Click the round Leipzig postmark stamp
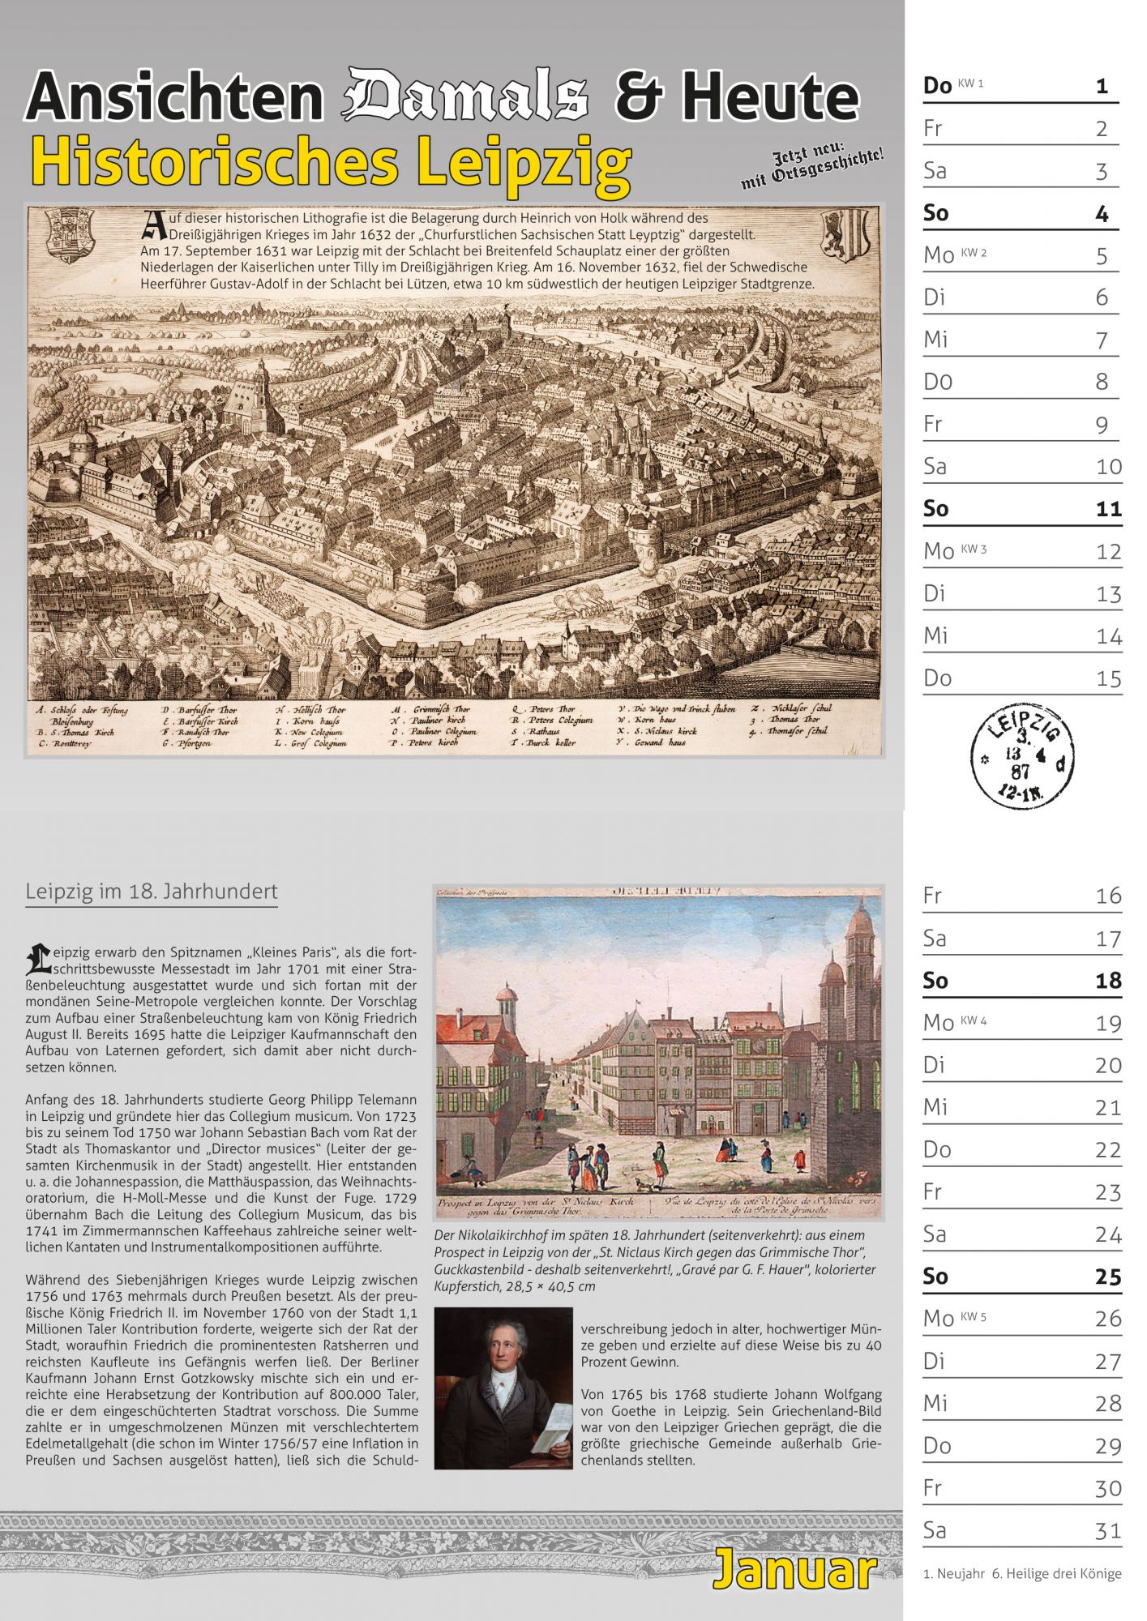coord(1022,755)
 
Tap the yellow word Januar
coord(795,1570)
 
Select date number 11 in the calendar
coord(1108,509)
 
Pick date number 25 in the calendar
coord(1108,1277)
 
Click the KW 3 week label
coord(974,549)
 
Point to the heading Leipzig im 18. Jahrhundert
coord(152,892)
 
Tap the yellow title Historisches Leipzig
coord(331,162)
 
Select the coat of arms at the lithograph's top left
coord(71,235)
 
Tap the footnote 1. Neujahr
coord(953,1574)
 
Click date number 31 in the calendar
coord(1108,1530)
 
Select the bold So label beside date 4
coord(935,213)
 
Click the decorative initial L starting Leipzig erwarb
coord(37,958)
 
